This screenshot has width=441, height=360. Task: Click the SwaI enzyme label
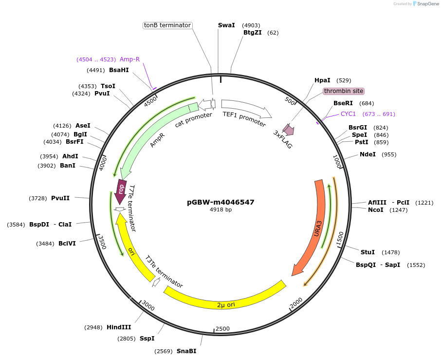[x=226, y=25]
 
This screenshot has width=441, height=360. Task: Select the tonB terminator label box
[x=167, y=25]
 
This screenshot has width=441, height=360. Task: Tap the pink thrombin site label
[x=344, y=91]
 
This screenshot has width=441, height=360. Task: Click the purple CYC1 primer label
[x=348, y=114]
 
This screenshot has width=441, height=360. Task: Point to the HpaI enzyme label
[x=322, y=80]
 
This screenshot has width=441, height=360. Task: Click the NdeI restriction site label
[x=368, y=154]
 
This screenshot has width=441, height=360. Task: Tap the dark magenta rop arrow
[x=121, y=188]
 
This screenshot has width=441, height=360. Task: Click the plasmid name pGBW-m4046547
[x=220, y=202]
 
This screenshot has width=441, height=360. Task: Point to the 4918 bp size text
[x=220, y=210]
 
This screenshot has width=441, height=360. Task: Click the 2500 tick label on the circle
[x=222, y=329]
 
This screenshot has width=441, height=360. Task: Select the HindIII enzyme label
[x=119, y=327]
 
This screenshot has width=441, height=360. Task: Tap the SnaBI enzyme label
[x=186, y=351]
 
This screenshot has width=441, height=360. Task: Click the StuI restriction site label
[x=367, y=252]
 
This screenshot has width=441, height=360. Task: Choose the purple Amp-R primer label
[x=129, y=59]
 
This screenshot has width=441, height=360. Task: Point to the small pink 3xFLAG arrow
[x=288, y=129]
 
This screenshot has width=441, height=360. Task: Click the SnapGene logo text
[x=425, y=4]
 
